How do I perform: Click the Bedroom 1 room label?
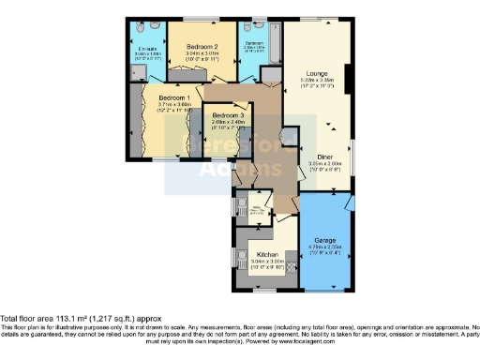coord(173,97)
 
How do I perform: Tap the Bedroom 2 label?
coord(202,46)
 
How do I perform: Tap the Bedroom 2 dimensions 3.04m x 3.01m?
coord(202,54)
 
